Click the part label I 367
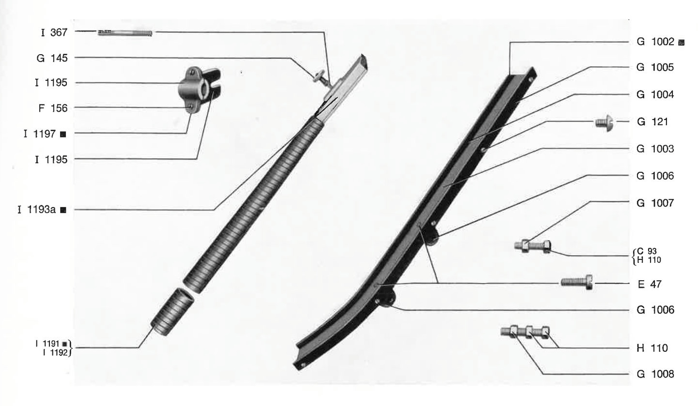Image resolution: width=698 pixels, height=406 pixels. point(54,32)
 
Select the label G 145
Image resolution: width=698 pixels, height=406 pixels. point(52,58)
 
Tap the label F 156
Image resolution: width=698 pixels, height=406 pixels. point(53,108)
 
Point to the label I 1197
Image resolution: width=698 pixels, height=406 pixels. point(40,134)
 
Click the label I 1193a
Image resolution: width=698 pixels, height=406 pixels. point(36,210)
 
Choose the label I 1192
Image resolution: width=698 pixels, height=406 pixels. point(55,352)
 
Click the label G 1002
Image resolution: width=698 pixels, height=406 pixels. point(655,42)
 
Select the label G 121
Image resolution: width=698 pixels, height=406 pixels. point(652,121)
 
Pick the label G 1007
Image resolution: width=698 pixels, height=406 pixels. point(655,203)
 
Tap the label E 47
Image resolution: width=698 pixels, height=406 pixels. point(650,284)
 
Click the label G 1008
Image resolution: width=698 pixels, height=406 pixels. point(655,374)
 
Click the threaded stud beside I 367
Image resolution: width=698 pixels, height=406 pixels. point(125,33)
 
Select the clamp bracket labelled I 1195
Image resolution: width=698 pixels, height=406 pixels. point(199,89)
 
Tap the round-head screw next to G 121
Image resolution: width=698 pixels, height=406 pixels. point(604,123)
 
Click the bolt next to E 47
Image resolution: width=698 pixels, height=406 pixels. point(577,282)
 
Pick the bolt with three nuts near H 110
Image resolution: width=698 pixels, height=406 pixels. point(525,332)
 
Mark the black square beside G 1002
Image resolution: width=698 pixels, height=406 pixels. point(682,43)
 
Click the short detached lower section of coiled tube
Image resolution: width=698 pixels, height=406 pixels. point(173,312)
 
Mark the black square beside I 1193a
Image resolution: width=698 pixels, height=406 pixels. point(63,210)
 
